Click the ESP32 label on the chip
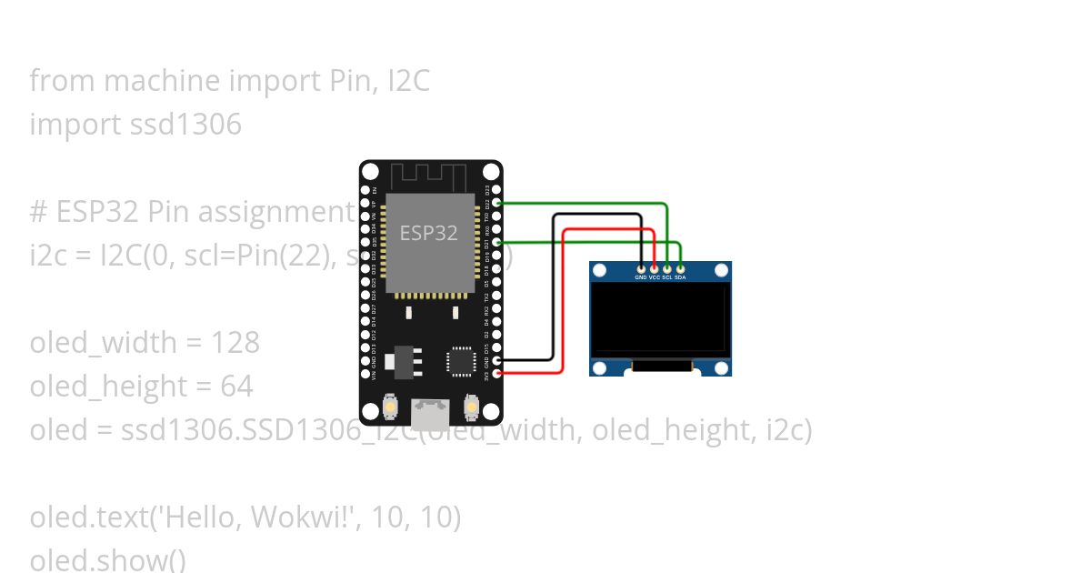428,233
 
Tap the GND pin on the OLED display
641,269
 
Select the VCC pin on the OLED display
654,269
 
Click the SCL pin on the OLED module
667,269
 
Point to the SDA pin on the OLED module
680,269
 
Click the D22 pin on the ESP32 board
497,204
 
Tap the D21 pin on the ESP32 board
497,243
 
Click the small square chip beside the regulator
460,360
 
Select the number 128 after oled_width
235,343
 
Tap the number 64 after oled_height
236,387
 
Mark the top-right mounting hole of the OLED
721,271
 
